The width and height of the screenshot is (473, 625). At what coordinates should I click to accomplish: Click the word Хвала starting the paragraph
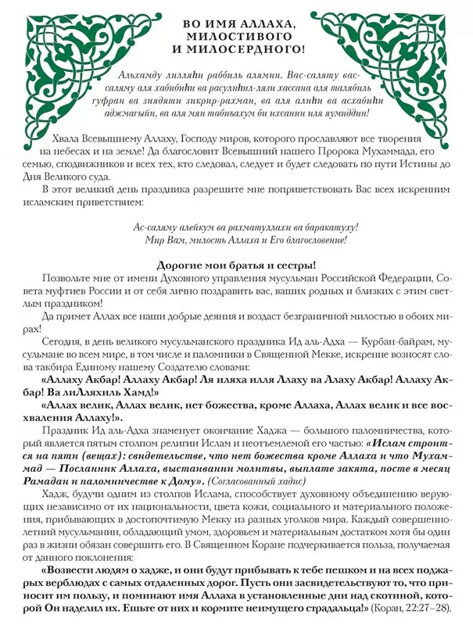coord(63,137)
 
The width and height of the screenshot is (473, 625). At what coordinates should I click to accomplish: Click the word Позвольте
coord(68,280)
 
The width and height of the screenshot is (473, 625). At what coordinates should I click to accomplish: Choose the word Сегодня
coord(63,343)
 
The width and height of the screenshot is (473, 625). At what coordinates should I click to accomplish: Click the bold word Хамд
coord(141,394)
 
